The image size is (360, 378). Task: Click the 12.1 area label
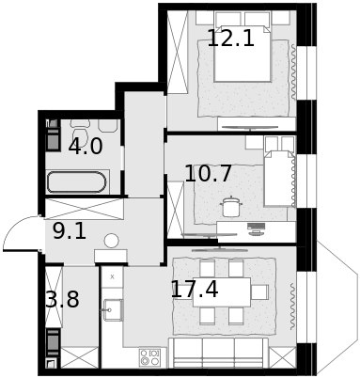click(230, 39)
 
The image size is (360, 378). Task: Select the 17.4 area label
click(195, 289)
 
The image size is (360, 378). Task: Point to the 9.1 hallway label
click(70, 230)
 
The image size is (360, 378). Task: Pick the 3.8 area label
click(63, 302)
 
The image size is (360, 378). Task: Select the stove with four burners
click(149, 357)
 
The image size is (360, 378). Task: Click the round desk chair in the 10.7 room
click(228, 206)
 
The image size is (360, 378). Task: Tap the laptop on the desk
click(255, 227)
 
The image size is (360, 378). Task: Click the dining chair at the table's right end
click(260, 291)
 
